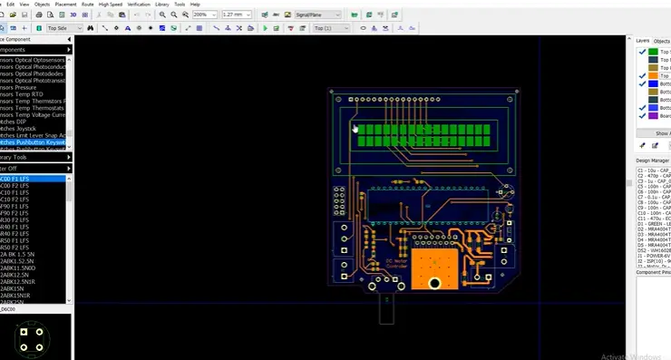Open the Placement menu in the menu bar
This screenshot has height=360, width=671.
pyautogui.click(x=66, y=5)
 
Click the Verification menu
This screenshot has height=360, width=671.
pyautogui.click(x=139, y=5)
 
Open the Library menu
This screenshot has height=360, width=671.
pyautogui.click(x=161, y=5)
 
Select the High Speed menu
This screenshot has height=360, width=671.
pyautogui.click(x=111, y=5)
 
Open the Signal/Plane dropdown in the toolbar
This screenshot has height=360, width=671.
pyautogui.click(x=317, y=15)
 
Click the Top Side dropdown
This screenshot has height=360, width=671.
pyautogui.click(x=64, y=28)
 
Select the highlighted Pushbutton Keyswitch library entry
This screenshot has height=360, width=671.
pyautogui.click(x=34, y=142)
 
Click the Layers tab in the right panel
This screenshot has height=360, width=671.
pyautogui.click(x=642, y=41)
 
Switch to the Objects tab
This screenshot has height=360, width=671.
pyautogui.click(x=662, y=41)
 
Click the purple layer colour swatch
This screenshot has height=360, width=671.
pyautogui.click(x=653, y=116)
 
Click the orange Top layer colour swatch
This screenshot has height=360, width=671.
pyautogui.click(x=653, y=76)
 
